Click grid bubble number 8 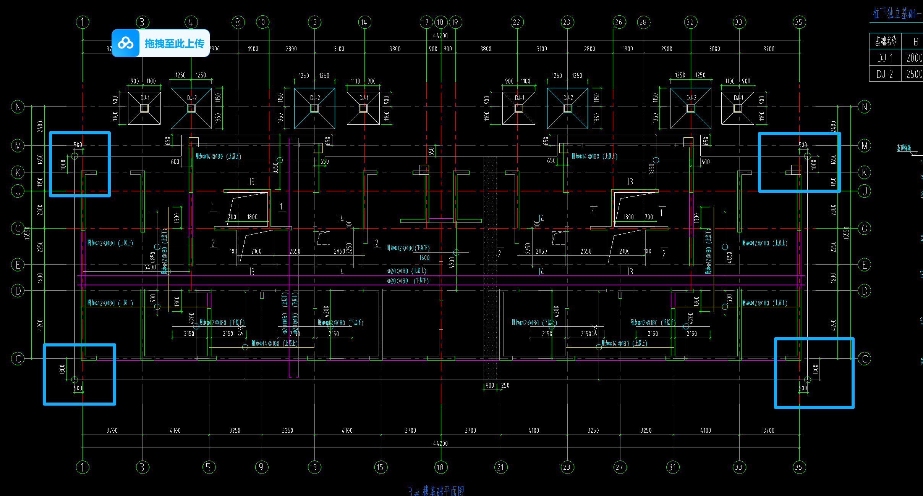point(238,22)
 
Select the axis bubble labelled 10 point(262,22)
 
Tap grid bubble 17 point(426,22)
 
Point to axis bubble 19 point(455,22)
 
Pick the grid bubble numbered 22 point(517,22)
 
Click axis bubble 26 point(619,22)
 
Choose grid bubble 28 point(643,22)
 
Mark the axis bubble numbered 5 point(209,467)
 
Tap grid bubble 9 point(262,467)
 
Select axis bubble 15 point(381,467)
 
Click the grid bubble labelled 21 point(500,467)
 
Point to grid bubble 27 point(620,467)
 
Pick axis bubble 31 point(673,467)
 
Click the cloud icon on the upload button point(126,43)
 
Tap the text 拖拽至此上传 point(174,43)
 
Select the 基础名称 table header point(886,41)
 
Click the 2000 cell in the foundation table point(914,58)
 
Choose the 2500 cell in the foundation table point(914,74)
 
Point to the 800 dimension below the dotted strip point(490,385)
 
